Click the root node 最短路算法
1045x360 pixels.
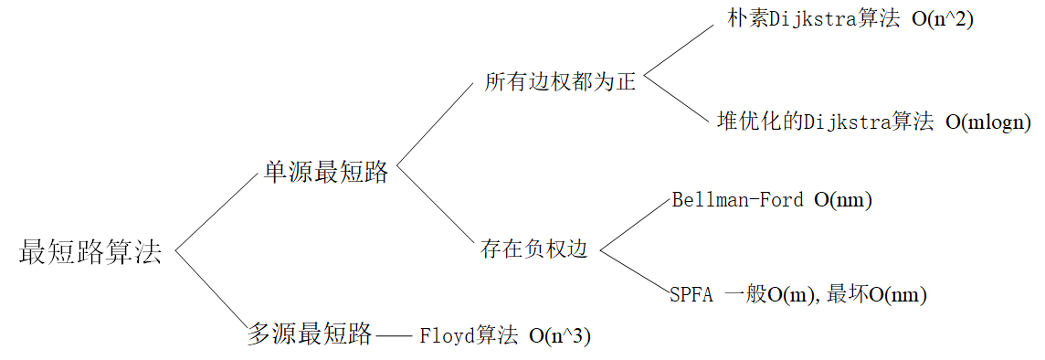pos(90,252)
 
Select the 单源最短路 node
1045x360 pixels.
pos(326,172)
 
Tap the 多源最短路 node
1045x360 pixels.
pos(310,334)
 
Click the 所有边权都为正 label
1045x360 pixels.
pos(560,82)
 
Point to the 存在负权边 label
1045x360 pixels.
pos(534,249)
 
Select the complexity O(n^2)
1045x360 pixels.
pos(943,20)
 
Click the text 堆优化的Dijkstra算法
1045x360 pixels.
pos(825,122)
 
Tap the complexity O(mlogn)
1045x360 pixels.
pos(988,122)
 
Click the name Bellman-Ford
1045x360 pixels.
pos(737,200)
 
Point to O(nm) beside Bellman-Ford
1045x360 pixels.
pos(843,200)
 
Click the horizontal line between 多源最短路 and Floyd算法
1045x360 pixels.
pos(395,335)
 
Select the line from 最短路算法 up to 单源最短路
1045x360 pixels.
pos(217,210)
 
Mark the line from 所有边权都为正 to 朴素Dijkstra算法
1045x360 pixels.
pos(678,49)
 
